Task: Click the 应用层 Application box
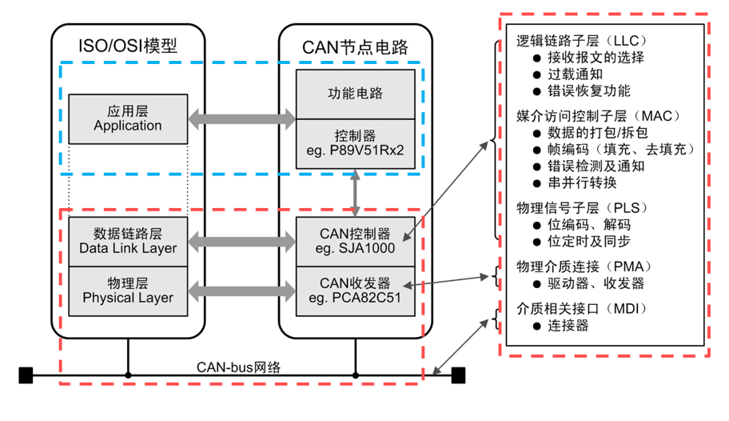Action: (128, 119)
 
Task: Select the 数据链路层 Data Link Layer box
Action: (128, 241)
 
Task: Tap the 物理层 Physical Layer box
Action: (128, 291)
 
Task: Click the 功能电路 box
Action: (356, 94)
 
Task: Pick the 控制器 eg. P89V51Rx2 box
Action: (356, 143)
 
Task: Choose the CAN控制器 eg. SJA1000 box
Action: (356, 241)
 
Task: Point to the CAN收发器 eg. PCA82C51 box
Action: (356, 291)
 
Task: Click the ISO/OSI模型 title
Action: (128, 45)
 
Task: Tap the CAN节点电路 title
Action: (355, 45)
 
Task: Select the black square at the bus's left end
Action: (26, 375)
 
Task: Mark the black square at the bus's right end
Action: (458, 375)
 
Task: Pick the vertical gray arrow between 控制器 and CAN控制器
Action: (356, 192)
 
